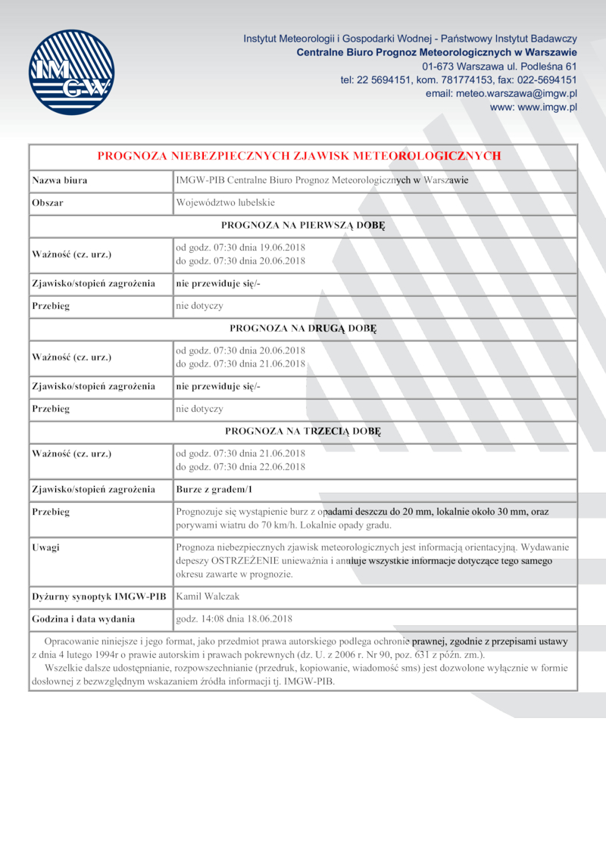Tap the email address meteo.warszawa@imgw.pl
pyautogui.click(x=501, y=93)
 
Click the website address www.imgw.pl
pyautogui.click(x=533, y=108)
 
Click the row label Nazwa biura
pyautogui.click(x=59, y=180)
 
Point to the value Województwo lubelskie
pyautogui.click(x=225, y=203)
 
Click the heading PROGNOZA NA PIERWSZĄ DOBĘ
pyautogui.click(x=303, y=225)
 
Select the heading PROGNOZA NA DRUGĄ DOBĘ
pyautogui.click(x=303, y=329)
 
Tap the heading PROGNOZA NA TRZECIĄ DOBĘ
pyautogui.click(x=303, y=431)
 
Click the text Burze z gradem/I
pyautogui.click(x=214, y=489)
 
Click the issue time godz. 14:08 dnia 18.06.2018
pyautogui.click(x=234, y=619)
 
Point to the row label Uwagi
pyautogui.click(x=45, y=547)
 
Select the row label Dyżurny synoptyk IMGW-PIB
pyautogui.click(x=98, y=596)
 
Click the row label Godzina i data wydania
pyautogui.click(x=83, y=619)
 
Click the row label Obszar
pyautogui.click(x=47, y=203)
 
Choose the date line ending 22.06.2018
pyautogui.click(x=240, y=466)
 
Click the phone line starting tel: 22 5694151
pyautogui.click(x=459, y=79)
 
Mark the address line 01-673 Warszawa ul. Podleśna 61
pyautogui.click(x=500, y=66)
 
